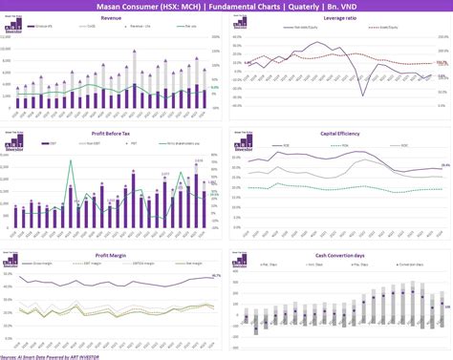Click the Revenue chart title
[x=111, y=18]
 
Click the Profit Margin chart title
[x=111, y=254]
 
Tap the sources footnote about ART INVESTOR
[x=57, y=355]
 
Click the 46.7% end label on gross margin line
[x=216, y=275]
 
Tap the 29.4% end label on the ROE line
[x=444, y=165]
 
